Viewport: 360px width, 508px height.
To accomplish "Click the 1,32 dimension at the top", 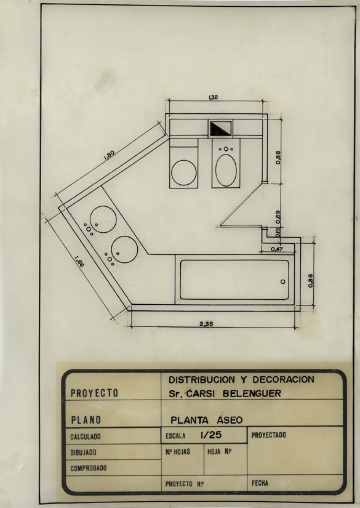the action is [x=214, y=97].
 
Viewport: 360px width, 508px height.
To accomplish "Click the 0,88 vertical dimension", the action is [x=278, y=158].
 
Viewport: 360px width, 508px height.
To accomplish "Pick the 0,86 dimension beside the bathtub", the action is [x=311, y=281].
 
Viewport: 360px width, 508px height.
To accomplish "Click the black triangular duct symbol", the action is [x=220, y=128].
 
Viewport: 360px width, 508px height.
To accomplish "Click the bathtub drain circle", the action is [x=283, y=281].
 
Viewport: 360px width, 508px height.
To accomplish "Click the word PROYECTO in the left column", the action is [x=94, y=393].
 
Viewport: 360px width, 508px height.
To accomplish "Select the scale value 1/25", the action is [x=211, y=435].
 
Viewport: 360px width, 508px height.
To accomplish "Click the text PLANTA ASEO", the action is [x=207, y=420].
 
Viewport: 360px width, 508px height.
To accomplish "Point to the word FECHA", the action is [x=260, y=483].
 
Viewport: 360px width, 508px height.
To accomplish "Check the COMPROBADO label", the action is [x=89, y=468].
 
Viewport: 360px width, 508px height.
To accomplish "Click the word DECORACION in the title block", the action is [x=283, y=379].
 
